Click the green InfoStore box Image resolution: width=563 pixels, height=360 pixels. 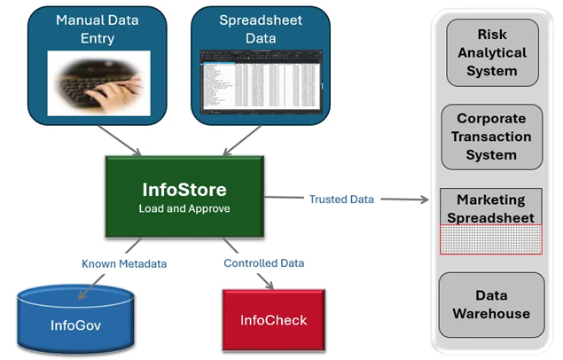[x=184, y=197]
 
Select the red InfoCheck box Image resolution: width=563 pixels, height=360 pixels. [x=274, y=320]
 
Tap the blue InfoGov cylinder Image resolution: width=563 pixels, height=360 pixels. [x=75, y=319]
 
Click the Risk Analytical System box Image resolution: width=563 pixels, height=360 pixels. [x=492, y=53]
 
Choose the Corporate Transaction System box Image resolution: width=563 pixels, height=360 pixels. [x=491, y=137]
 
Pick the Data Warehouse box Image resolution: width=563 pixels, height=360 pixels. [x=491, y=305]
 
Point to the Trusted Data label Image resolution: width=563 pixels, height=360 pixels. [x=341, y=200]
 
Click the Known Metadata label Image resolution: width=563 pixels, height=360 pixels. [x=124, y=264]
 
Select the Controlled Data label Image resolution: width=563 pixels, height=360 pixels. [x=264, y=263]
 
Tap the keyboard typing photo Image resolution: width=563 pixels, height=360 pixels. [x=98, y=83]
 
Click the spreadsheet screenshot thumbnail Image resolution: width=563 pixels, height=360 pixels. [x=261, y=82]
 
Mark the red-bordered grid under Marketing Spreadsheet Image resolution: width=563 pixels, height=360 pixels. [x=491, y=239]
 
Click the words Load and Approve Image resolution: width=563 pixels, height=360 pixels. [x=184, y=208]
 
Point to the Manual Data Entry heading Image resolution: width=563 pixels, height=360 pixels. [x=98, y=29]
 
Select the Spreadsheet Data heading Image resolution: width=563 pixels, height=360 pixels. [x=261, y=29]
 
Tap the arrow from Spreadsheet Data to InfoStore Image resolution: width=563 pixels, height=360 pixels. [x=242, y=140]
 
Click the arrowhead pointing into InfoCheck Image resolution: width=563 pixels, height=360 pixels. [x=270, y=285]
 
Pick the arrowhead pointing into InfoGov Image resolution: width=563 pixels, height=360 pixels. [x=82, y=294]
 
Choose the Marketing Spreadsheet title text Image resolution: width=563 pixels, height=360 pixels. [x=491, y=208]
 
